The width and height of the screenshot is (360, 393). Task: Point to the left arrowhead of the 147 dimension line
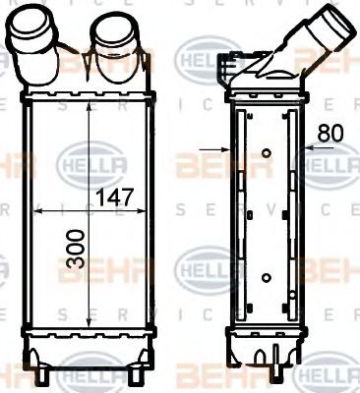37,211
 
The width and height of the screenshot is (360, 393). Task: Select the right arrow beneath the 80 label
310,150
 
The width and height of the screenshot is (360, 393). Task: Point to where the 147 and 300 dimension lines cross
90,211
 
